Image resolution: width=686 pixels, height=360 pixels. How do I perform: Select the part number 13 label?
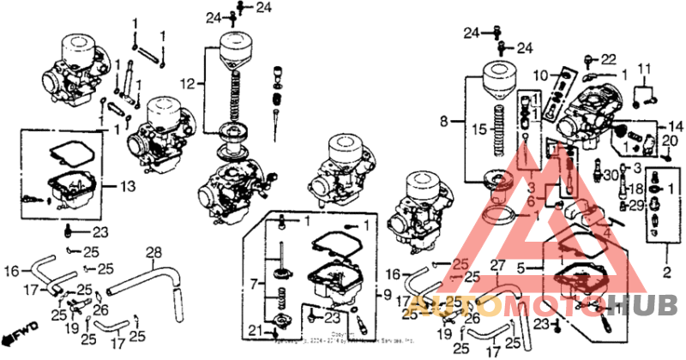click(x=129, y=185)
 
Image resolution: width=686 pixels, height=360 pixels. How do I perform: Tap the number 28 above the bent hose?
click(x=153, y=252)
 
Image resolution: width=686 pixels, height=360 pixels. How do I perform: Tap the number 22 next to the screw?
click(x=607, y=59)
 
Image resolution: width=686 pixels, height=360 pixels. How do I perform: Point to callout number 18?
click(x=635, y=189)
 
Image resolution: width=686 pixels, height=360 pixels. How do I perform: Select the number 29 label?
click(x=635, y=206)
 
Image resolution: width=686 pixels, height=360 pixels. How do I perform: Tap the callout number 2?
click(x=666, y=273)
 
